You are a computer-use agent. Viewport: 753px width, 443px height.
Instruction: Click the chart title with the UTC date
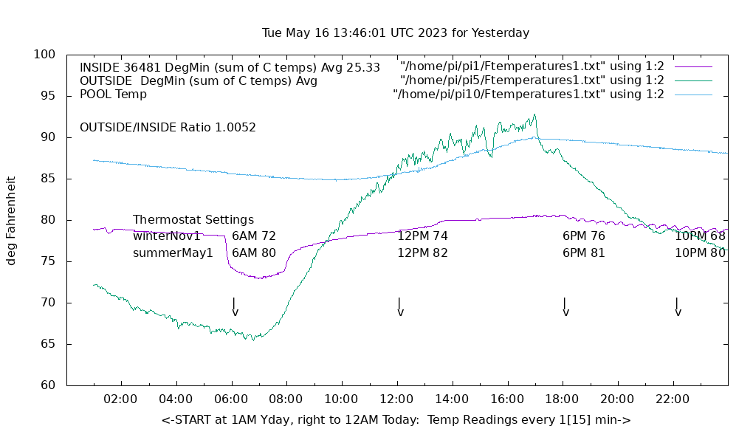[x=396, y=33]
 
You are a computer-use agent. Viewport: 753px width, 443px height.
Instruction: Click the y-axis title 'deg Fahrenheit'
[x=12, y=220]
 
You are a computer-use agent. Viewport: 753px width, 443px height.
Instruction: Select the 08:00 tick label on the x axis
[x=286, y=399]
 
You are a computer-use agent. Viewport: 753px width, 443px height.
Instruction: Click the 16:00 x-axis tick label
[x=506, y=399]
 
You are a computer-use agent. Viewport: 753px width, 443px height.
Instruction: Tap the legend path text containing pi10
[x=529, y=95]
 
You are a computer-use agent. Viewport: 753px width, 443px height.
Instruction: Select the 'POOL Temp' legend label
[x=113, y=95]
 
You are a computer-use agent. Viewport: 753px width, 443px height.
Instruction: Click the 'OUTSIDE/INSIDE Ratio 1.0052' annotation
[x=168, y=127]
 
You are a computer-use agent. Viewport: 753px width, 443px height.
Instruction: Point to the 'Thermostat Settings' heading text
[x=193, y=220]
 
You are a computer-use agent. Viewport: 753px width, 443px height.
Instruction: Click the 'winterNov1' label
[x=167, y=236]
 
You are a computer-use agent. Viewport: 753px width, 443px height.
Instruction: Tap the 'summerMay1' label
[x=173, y=253]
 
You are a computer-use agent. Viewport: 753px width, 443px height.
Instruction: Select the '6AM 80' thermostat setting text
[x=254, y=253]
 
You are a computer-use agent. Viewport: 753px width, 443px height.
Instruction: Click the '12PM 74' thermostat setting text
[x=423, y=236]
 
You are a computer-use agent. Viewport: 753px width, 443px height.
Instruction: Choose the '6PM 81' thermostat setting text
[x=584, y=253]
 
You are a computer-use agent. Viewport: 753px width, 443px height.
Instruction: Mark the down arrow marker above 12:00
[x=399, y=307]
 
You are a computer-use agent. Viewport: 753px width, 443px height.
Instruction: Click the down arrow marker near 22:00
[x=677, y=307]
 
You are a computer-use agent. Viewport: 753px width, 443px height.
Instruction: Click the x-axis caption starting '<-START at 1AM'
[x=396, y=420]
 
